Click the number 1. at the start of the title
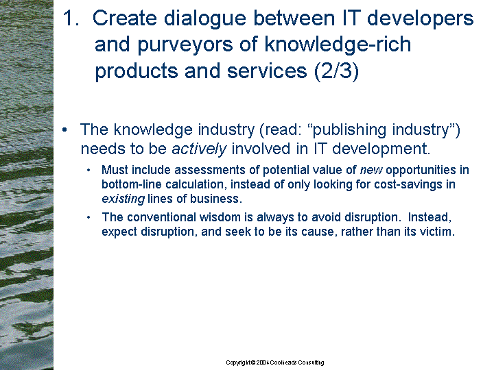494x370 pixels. (x=71, y=18)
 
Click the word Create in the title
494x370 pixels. (x=124, y=18)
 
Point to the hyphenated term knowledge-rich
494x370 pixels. (x=338, y=44)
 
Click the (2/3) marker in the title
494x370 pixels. (x=336, y=71)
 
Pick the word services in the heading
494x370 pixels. (x=267, y=71)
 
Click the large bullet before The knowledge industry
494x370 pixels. (x=65, y=129)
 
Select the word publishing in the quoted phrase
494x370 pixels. (x=349, y=130)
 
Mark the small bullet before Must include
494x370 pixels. (x=89, y=171)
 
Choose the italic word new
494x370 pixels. (x=371, y=171)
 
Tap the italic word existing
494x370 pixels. (x=123, y=199)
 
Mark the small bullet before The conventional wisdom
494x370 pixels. (x=89, y=218)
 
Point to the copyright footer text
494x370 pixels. (x=274, y=362)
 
